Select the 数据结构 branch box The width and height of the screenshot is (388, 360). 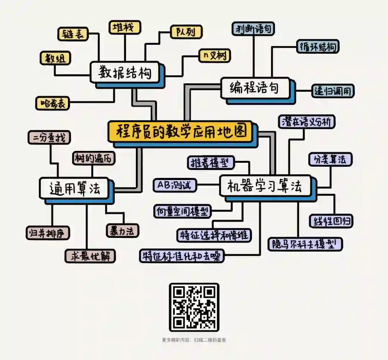click(125, 73)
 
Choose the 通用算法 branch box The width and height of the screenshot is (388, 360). click(74, 188)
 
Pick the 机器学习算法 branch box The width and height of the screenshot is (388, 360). click(265, 186)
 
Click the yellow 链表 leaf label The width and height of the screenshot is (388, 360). click(73, 34)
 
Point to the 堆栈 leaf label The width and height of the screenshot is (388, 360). click(125, 27)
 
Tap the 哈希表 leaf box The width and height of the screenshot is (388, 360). click(52, 103)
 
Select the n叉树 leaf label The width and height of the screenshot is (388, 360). click(215, 56)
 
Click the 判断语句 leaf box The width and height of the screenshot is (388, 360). click(253, 29)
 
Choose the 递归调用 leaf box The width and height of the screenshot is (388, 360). click(333, 91)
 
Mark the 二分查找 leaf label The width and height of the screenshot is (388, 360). click(49, 138)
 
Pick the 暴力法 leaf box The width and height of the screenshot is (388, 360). click(123, 230)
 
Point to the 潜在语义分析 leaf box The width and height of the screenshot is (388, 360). click(306, 122)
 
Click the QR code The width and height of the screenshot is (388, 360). click(194, 307)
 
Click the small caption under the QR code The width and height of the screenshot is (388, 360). click(194, 340)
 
